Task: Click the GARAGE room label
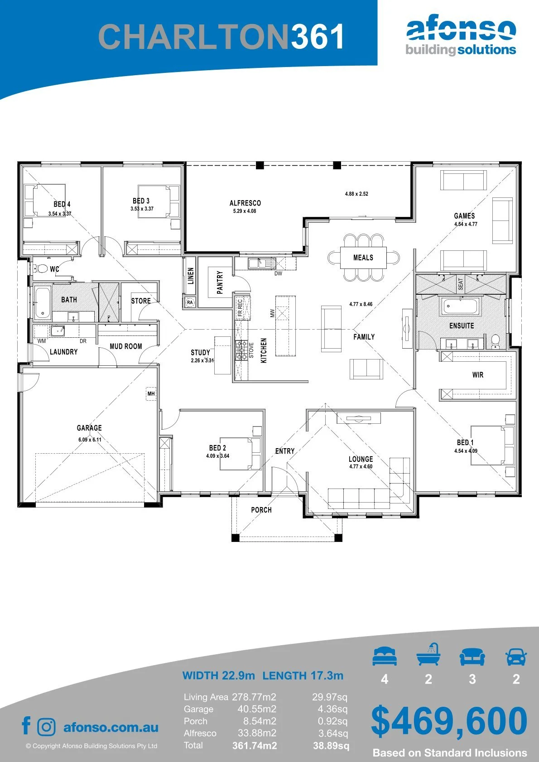(x=89, y=427)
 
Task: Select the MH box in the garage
(x=151, y=393)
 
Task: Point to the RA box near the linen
(x=190, y=302)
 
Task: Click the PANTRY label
(x=220, y=282)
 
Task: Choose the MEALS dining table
(x=363, y=258)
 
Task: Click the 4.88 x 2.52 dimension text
(x=356, y=194)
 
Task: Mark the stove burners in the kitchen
(x=241, y=350)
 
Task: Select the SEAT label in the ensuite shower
(x=460, y=284)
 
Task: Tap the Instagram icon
(x=46, y=727)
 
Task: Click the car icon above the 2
(x=516, y=657)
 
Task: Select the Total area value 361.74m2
(x=255, y=746)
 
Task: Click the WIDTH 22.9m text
(x=218, y=675)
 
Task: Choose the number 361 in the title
(x=317, y=37)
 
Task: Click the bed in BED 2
(x=240, y=454)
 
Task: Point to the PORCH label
(x=261, y=510)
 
